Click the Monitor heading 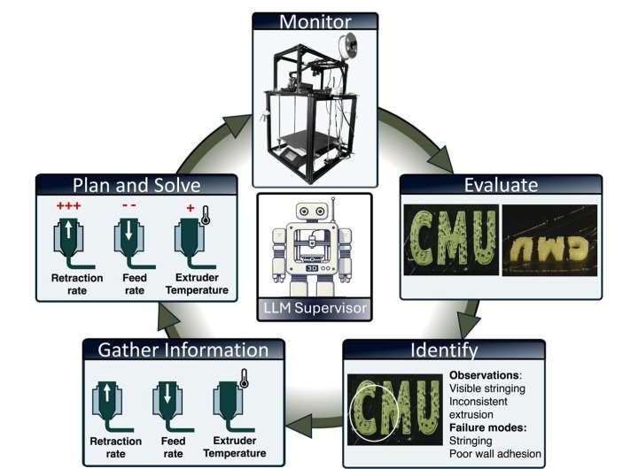[x=315, y=21]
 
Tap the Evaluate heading [x=501, y=186]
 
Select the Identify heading [x=444, y=350]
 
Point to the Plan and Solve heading [x=136, y=185]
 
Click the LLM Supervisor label [x=315, y=308]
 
